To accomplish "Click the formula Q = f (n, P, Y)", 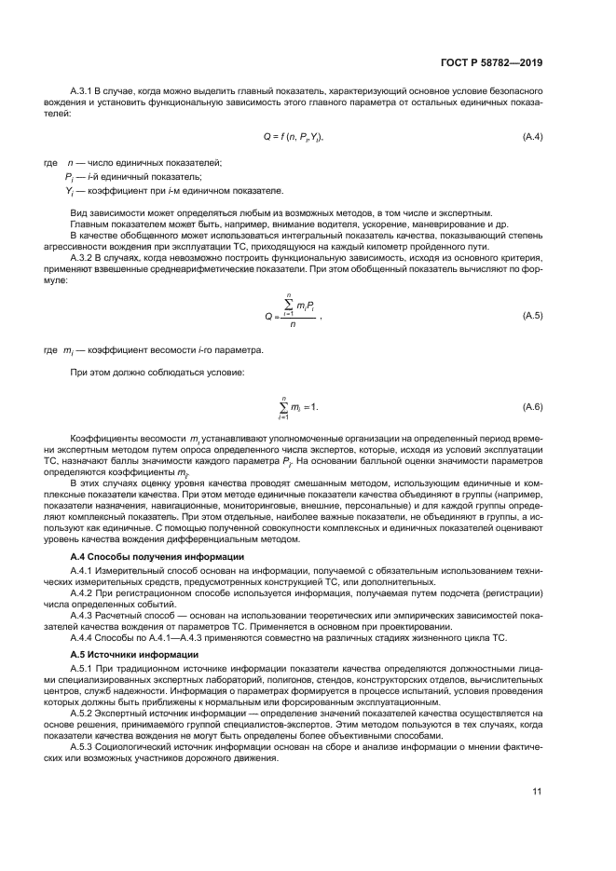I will coord(293,137).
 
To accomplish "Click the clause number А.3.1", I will coord(83,93).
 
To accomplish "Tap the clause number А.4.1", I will coord(83,569).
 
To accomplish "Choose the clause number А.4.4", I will coord(83,638).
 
